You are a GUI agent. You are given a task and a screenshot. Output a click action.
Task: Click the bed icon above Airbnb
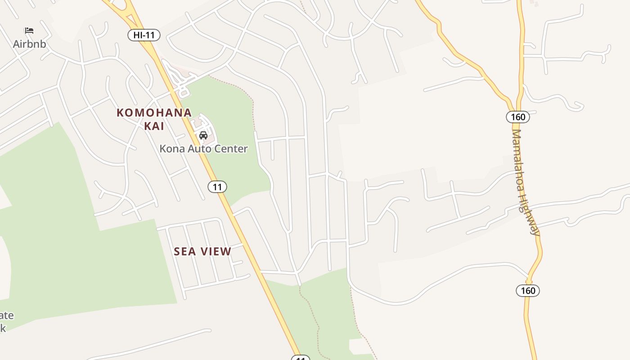29,31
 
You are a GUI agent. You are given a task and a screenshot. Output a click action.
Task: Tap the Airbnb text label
29,44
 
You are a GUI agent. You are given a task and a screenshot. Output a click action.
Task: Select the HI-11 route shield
144,35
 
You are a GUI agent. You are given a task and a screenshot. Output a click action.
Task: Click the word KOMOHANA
154,112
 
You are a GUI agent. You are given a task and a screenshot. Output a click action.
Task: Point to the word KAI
154,126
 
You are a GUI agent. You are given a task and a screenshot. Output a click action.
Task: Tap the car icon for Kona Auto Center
203,135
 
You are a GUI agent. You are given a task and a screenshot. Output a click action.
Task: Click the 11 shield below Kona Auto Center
217,187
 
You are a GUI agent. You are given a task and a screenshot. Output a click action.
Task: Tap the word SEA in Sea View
186,252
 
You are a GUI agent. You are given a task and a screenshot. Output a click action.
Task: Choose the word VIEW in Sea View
216,252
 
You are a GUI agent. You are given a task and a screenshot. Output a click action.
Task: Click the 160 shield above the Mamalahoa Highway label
518,117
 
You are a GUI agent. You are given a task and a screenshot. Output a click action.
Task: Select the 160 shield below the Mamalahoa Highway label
528,290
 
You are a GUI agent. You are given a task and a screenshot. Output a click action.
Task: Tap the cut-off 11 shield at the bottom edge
301,358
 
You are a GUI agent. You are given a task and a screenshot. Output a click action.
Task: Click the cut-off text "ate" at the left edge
6,315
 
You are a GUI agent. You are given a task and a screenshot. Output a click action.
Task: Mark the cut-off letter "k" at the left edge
3,328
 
